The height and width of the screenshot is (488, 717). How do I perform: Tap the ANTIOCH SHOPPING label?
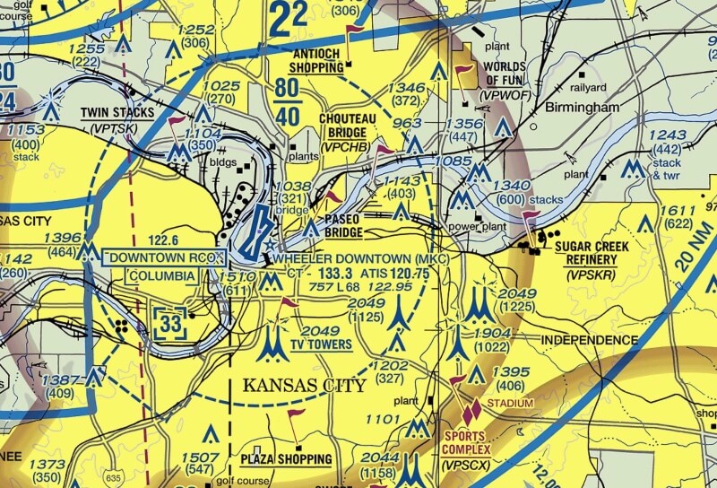coord(318,60)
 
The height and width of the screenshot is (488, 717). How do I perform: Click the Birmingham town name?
coord(582,107)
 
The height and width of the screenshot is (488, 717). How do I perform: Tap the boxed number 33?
coord(171,322)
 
